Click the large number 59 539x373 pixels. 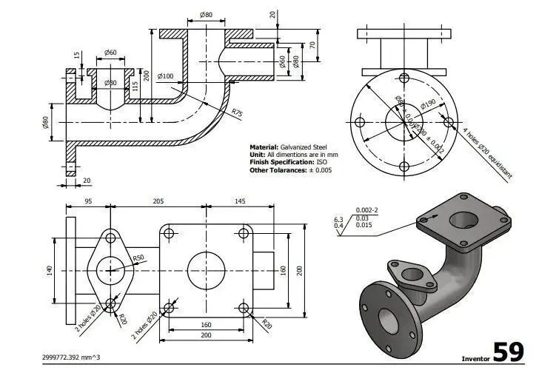(510, 350)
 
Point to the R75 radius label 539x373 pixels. (237, 112)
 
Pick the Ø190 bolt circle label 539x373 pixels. (428, 104)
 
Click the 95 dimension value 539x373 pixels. (88, 201)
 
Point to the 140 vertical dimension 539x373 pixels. (50, 270)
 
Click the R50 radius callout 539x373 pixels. (138, 258)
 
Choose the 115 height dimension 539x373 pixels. (135, 86)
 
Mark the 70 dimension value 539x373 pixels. (313, 45)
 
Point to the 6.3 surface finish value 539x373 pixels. (338, 220)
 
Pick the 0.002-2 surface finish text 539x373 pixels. (366, 210)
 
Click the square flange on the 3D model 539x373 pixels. (463, 221)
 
